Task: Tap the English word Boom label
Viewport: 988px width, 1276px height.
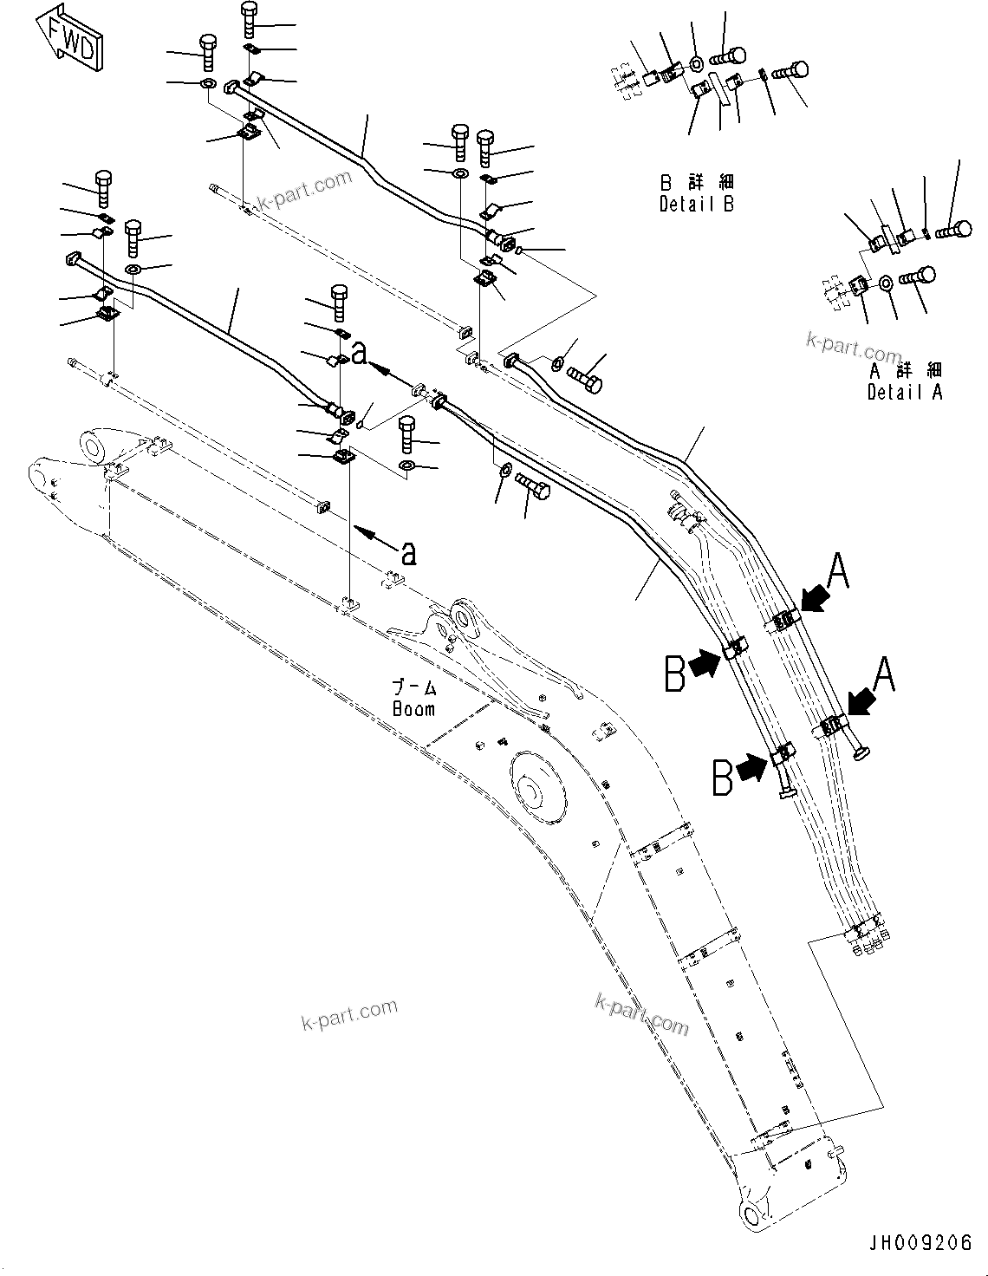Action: click(x=413, y=708)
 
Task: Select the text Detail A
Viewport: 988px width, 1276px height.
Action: click(x=905, y=392)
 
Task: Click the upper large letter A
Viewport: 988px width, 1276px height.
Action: click(x=838, y=573)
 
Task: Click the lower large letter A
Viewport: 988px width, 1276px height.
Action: click(x=883, y=675)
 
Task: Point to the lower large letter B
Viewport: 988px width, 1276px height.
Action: click(x=723, y=777)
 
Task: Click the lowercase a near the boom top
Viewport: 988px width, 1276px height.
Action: click(x=407, y=551)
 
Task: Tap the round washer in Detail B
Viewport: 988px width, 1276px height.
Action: click(x=696, y=63)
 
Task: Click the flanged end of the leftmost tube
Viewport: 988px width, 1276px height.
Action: click(x=72, y=258)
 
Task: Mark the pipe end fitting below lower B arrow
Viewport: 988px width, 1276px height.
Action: click(x=787, y=791)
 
